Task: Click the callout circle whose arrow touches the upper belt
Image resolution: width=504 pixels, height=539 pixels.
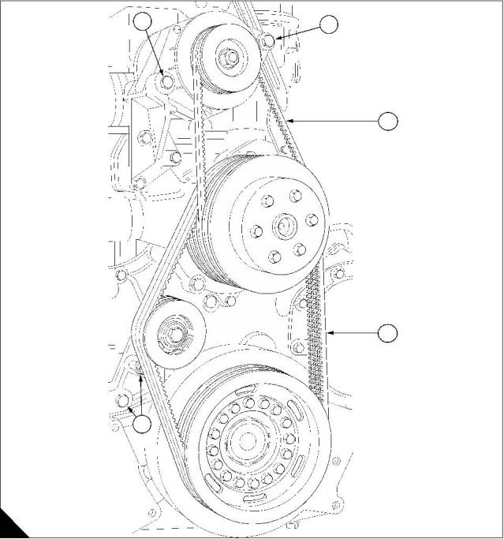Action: (388, 121)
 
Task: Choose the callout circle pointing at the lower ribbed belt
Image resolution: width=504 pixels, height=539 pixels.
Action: (388, 334)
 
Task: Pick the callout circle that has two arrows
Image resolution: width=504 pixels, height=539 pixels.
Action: (142, 424)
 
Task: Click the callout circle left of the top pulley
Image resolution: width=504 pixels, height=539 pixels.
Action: (143, 21)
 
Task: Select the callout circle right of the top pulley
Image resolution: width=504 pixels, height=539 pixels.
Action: (330, 24)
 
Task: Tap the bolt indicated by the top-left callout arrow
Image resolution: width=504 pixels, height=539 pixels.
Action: (167, 81)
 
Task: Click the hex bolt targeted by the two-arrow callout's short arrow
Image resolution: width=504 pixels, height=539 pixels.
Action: (122, 404)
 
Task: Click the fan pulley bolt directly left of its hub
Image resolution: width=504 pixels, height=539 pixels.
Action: (256, 232)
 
